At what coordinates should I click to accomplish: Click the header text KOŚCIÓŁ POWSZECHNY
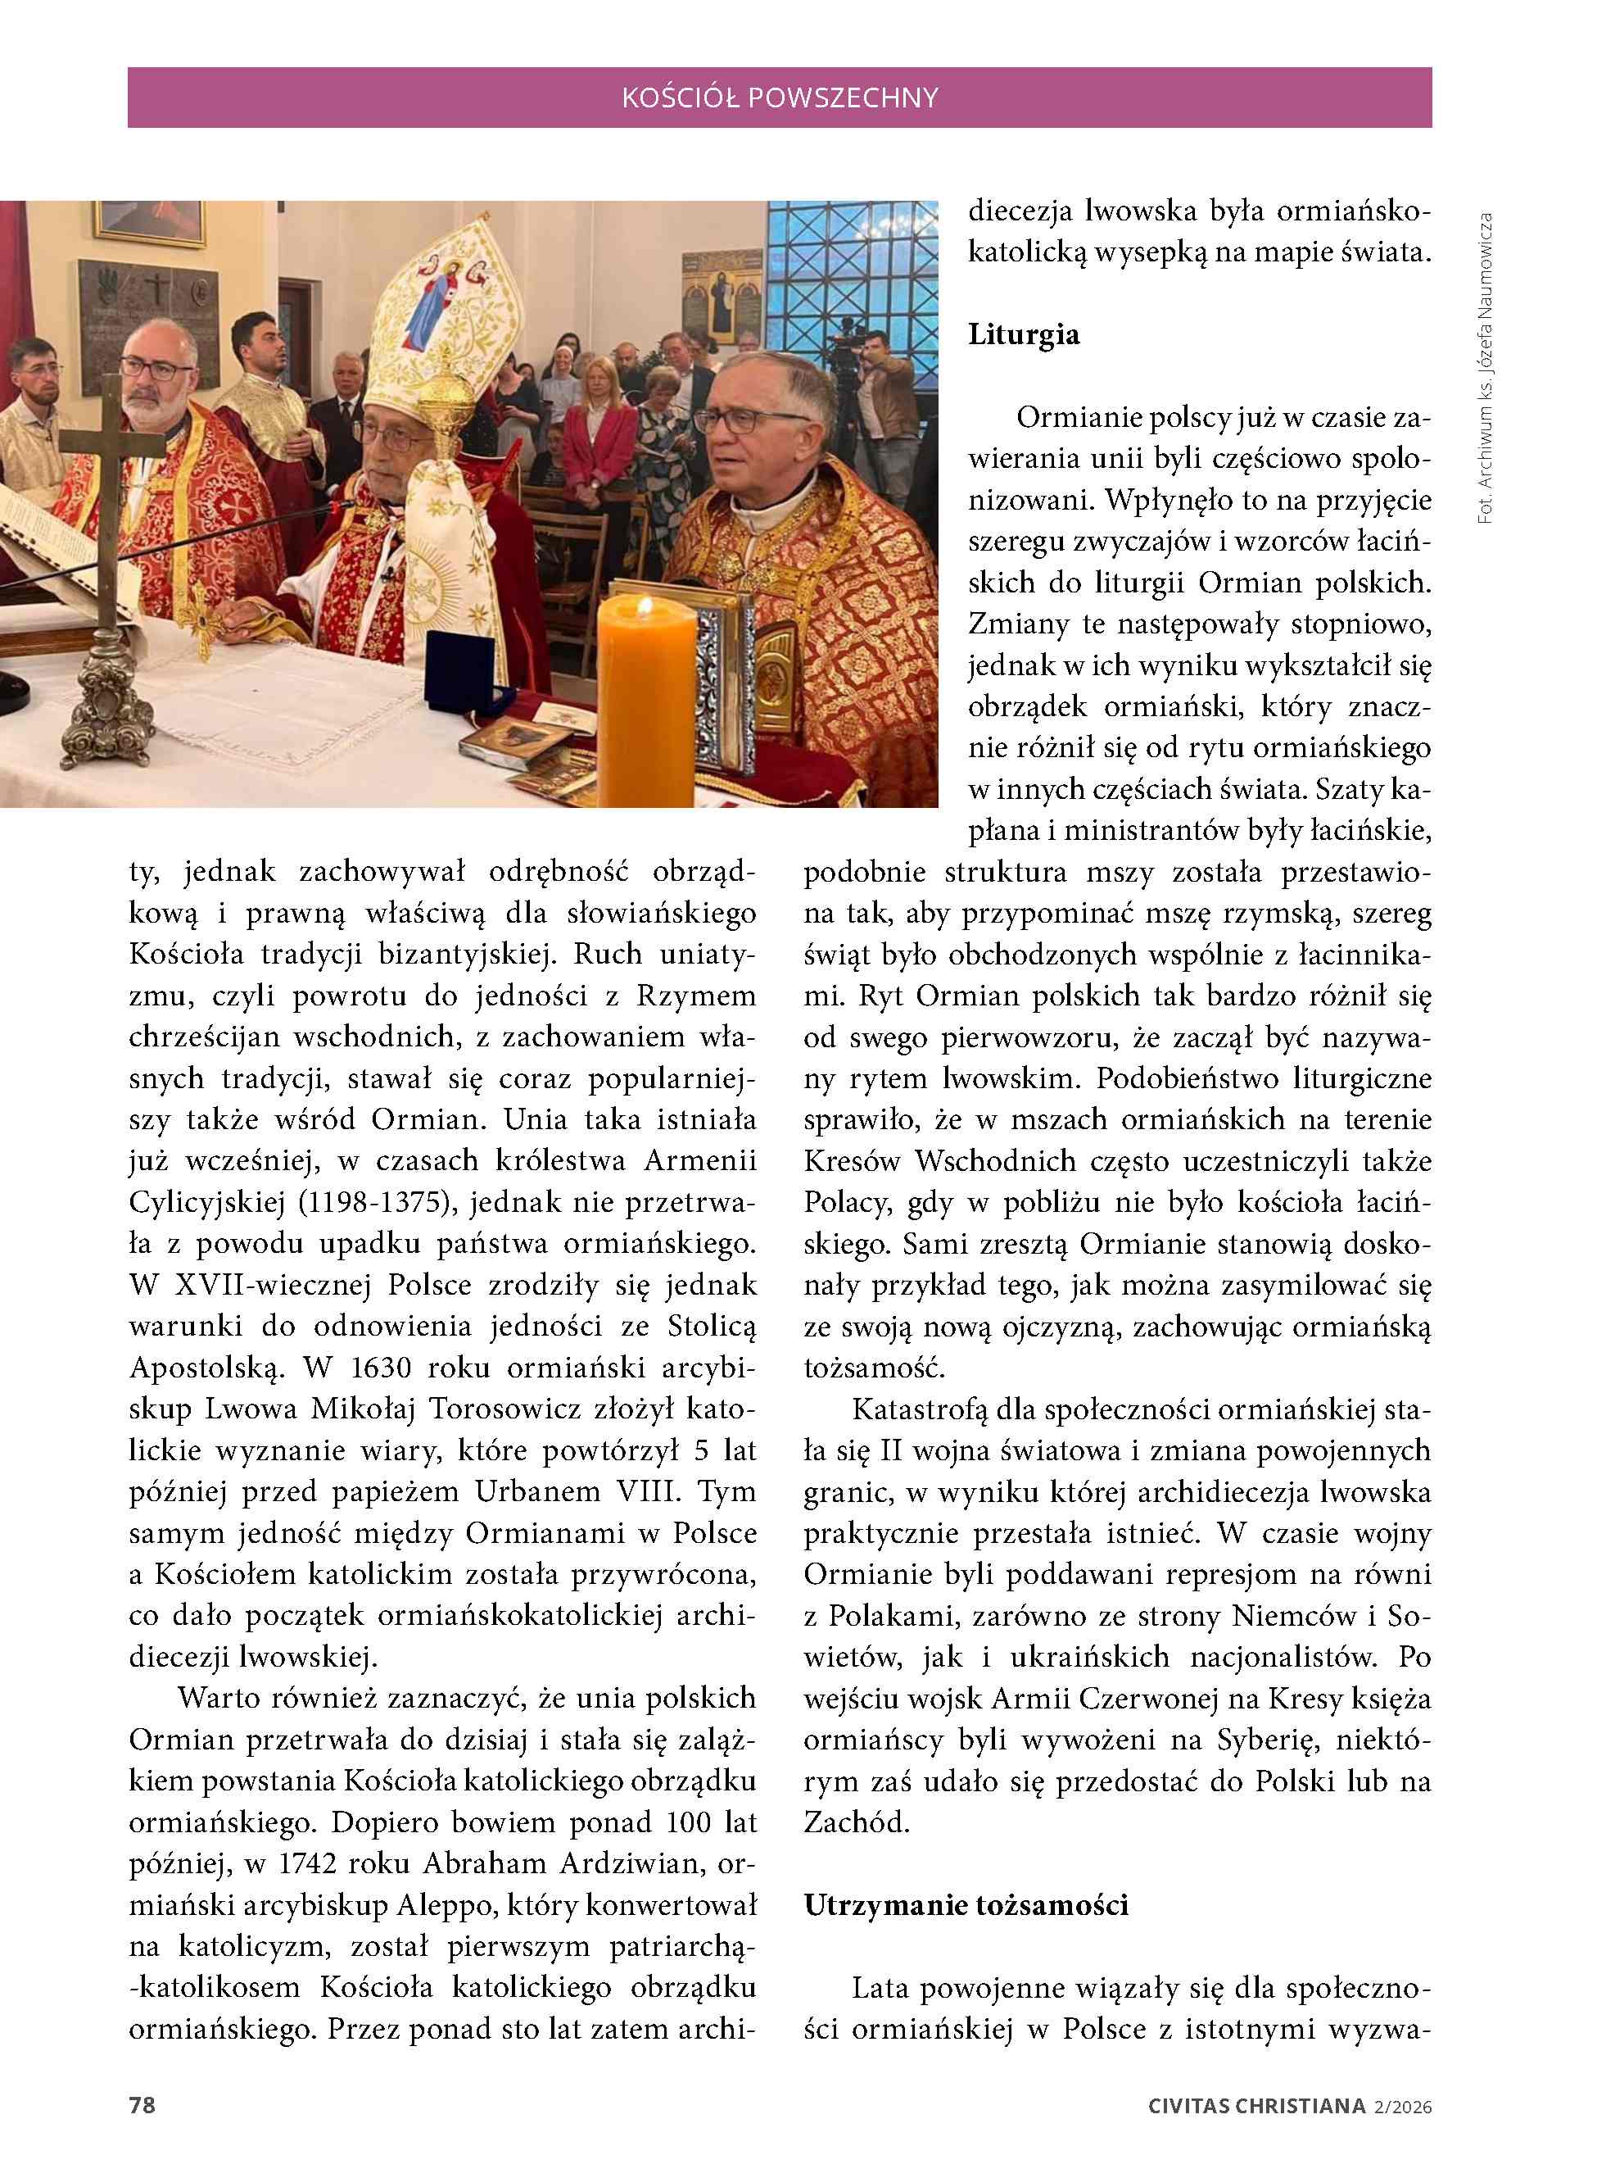point(779,98)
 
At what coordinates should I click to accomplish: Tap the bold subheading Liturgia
point(1024,334)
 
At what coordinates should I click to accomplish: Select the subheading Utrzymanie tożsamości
point(966,1905)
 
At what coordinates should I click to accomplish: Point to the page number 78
point(143,2105)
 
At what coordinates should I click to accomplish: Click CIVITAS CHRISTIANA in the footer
point(1255,2107)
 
